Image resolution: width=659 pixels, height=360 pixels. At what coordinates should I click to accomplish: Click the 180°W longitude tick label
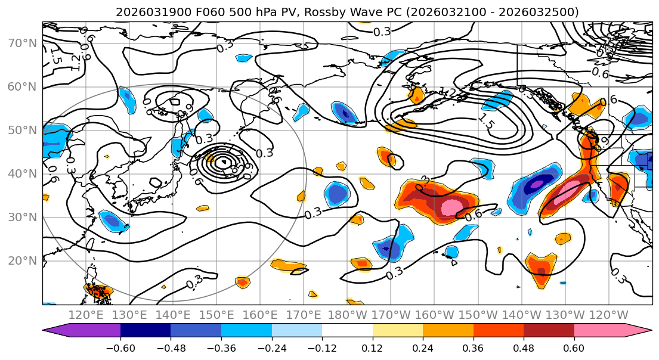[346, 315]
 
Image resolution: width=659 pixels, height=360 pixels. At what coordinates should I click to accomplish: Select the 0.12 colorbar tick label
[373, 347]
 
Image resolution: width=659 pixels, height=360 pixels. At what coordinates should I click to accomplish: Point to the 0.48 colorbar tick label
[524, 347]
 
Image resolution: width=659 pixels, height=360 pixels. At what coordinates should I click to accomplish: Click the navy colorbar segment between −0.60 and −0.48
[146, 331]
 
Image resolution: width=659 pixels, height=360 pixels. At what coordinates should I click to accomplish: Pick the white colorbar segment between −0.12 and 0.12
[347, 331]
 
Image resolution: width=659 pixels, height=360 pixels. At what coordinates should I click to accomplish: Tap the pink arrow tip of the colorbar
[644, 331]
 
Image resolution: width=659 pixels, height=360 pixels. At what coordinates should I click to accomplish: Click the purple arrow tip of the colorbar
[50, 331]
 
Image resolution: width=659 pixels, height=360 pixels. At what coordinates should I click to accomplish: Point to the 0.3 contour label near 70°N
[382, 32]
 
